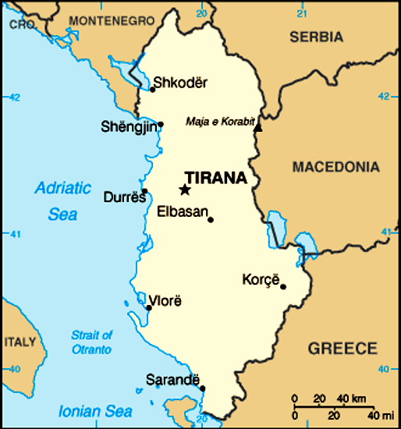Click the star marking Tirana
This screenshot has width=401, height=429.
pos(185,190)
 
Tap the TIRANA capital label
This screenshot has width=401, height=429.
pos(215,178)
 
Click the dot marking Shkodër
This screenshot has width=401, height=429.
pos(153,89)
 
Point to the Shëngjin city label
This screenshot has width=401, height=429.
pos(128,127)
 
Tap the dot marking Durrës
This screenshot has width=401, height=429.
pos(144,191)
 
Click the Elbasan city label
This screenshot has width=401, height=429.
pos(182,211)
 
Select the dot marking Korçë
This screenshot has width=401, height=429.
pos(283,286)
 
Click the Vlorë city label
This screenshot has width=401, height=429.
pos(165,300)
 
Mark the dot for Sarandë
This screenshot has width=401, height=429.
pos(202,388)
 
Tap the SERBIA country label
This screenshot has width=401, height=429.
pos(316,37)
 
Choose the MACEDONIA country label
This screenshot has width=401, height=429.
pos(336,167)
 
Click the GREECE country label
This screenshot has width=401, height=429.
pos(342,348)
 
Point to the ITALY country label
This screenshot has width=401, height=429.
pos(20,342)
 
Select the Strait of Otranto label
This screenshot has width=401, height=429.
pos(91,342)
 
